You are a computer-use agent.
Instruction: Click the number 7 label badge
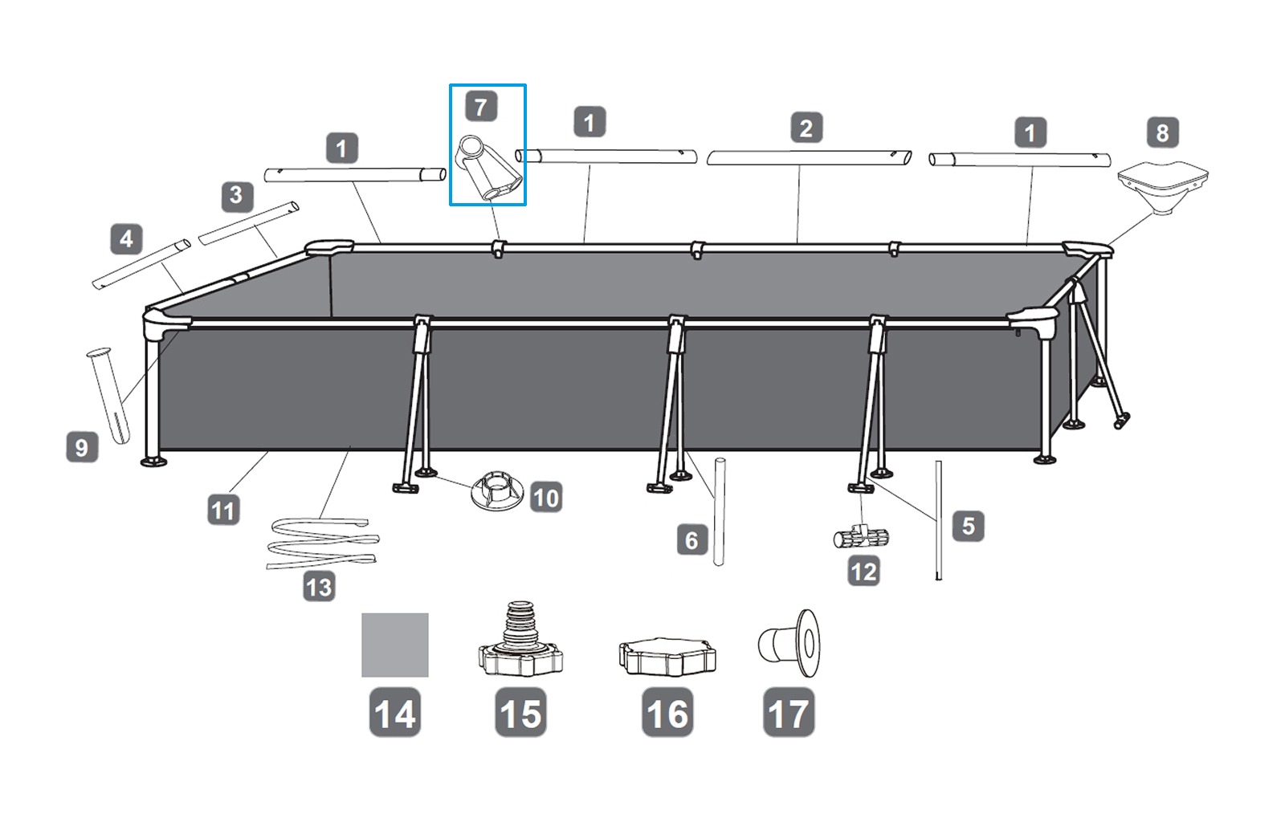481,108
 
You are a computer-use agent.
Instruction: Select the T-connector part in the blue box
488,168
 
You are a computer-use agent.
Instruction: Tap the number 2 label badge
806,128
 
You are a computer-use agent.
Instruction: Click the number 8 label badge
1163,133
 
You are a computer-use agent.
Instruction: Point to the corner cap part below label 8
1163,188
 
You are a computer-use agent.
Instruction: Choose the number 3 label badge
238,197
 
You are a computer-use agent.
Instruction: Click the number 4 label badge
126,238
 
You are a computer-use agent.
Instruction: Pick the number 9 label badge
82,447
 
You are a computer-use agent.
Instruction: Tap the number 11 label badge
224,511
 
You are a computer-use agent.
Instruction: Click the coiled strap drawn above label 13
323,543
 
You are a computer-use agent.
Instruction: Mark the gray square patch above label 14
394,645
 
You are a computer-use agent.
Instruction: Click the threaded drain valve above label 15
520,638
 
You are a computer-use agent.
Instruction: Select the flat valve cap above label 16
667,657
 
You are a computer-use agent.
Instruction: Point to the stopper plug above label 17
789,643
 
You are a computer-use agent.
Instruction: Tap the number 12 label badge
864,572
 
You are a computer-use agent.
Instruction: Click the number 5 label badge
969,526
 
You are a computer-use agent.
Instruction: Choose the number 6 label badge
691,540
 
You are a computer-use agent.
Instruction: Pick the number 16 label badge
667,713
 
